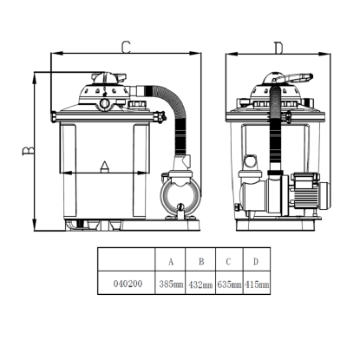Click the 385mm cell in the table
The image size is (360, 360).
[171, 285]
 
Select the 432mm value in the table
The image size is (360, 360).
[200, 285]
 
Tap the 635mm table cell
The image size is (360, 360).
[229, 285]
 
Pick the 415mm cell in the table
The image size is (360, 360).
[257, 285]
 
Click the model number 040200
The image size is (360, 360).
[128, 284]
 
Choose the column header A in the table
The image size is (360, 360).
[171, 262]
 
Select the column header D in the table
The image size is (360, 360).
[256, 261]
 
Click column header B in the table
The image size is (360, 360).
[201, 261]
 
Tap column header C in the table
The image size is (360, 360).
[228, 261]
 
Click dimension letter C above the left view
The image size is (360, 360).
[126, 48]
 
